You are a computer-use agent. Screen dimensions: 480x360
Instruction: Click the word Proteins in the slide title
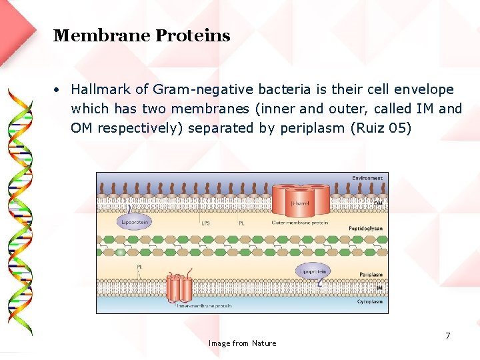(x=193, y=36)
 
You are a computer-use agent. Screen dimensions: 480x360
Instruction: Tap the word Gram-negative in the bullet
(x=197, y=89)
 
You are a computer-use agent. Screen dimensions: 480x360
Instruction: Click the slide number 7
(x=448, y=336)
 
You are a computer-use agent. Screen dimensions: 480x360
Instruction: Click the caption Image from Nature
(x=242, y=343)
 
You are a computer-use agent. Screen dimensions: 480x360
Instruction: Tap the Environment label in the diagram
(x=367, y=178)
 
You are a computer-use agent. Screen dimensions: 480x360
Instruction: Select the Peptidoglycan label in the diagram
(x=365, y=228)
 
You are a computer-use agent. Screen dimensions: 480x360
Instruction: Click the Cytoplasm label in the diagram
(x=369, y=301)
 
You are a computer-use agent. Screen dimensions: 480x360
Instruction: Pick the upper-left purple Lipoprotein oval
(x=135, y=223)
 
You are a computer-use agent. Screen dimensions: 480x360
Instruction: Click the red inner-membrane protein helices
(x=179, y=288)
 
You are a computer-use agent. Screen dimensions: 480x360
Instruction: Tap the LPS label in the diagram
(x=205, y=223)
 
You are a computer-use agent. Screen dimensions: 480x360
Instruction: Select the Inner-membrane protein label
(x=204, y=307)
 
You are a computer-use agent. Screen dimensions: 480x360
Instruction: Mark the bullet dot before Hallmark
(x=59, y=89)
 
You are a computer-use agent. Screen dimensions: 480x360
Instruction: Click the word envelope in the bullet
(x=427, y=89)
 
